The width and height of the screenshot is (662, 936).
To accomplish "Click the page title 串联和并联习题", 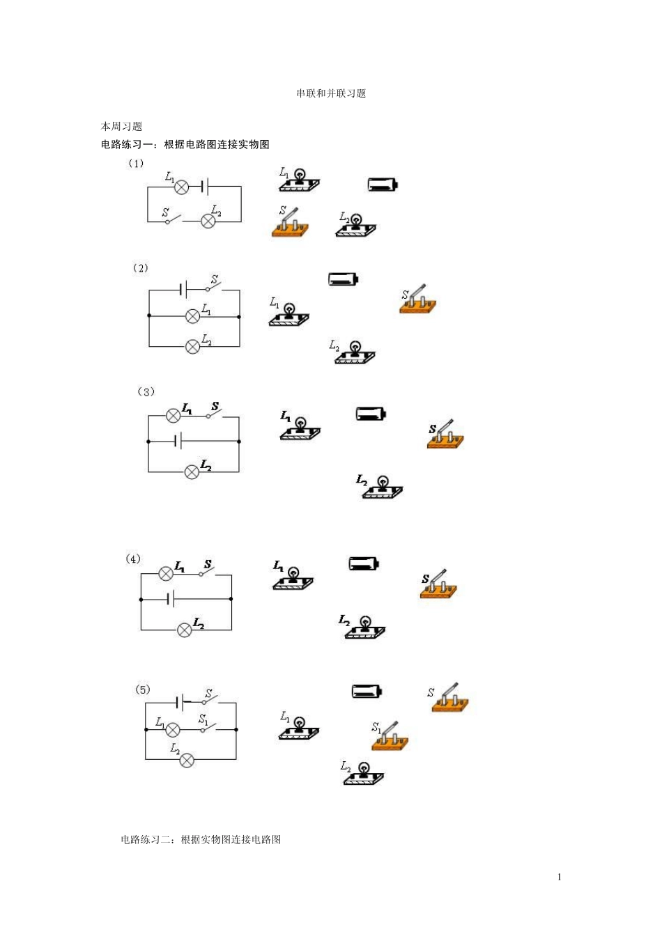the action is click(x=331, y=93).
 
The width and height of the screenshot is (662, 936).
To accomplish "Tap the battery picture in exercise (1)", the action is click(x=383, y=185).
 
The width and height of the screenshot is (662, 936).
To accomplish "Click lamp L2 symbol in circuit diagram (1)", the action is click(x=208, y=221).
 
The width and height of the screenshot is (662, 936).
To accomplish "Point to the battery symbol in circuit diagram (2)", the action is click(x=183, y=290).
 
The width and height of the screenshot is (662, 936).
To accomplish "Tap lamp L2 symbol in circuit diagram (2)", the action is click(x=192, y=346).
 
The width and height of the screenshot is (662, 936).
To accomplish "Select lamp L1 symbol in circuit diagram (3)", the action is click(x=173, y=416).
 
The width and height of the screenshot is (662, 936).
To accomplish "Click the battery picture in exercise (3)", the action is click(x=371, y=414).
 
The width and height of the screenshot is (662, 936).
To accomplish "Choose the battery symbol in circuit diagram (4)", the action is click(x=171, y=599).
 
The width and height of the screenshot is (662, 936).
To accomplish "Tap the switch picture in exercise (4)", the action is click(x=438, y=584).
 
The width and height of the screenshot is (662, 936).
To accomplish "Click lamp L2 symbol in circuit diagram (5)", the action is click(x=187, y=760).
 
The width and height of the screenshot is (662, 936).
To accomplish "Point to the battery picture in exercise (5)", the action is click(x=367, y=691).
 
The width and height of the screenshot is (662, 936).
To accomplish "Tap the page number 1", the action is click(x=559, y=877).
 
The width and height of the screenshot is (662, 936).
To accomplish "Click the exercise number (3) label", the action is click(x=146, y=392).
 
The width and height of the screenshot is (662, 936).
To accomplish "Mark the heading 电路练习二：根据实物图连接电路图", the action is click(x=201, y=839).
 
